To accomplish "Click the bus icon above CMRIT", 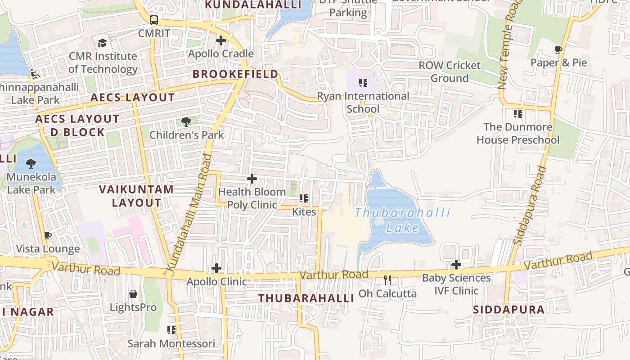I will click(x=154, y=20).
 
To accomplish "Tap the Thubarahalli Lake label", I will click(x=402, y=220).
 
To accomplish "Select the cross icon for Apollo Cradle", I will click(x=220, y=40).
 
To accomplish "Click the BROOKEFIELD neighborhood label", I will click(x=235, y=74).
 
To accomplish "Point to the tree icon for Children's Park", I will click(x=186, y=121).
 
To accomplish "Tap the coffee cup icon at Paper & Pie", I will click(x=558, y=49).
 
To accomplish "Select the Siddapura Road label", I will click(x=530, y=205).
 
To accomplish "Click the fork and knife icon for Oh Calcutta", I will click(x=387, y=280).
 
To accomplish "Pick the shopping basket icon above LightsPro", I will click(x=133, y=294).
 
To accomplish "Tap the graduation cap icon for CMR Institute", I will click(x=103, y=43).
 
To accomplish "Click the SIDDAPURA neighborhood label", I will click(x=508, y=310).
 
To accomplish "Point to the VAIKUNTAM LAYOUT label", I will click(x=136, y=196).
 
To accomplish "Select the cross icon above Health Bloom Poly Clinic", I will click(x=252, y=179).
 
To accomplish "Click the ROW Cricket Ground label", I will click(x=450, y=72).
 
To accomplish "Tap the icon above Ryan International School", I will click(x=363, y=83).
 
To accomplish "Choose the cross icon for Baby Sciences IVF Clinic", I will click(x=456, y=265).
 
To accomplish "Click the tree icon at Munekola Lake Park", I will click(x=31, y=163).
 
